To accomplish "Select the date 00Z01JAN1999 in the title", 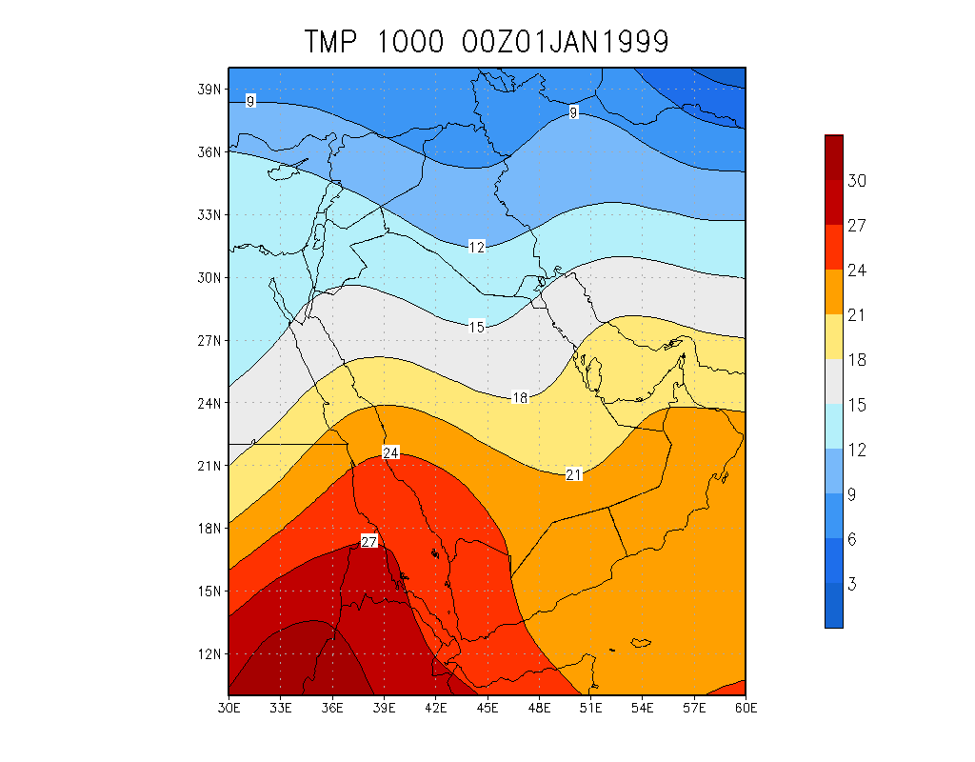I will tap(565, 42).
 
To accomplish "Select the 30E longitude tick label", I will tap(229, 708).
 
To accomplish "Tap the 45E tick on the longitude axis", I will tap(487, 708).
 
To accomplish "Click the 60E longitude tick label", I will tap(746, 708).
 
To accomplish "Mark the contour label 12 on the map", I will tap(477, 247).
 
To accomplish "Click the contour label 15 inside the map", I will tap(477, 327).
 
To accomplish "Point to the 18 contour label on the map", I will tap(520, 397).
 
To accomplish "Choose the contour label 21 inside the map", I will tap(574, 474).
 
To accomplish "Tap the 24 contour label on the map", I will tap(390, 452).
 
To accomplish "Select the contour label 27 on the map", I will tap(370, 542).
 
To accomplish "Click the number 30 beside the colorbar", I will tap(857, 181).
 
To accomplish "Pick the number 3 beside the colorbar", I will tap(852, 584).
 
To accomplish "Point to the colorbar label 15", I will tap(857, 405).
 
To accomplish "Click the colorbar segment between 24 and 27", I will tap(834, 248).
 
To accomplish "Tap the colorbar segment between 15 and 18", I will tap(834, 382).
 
